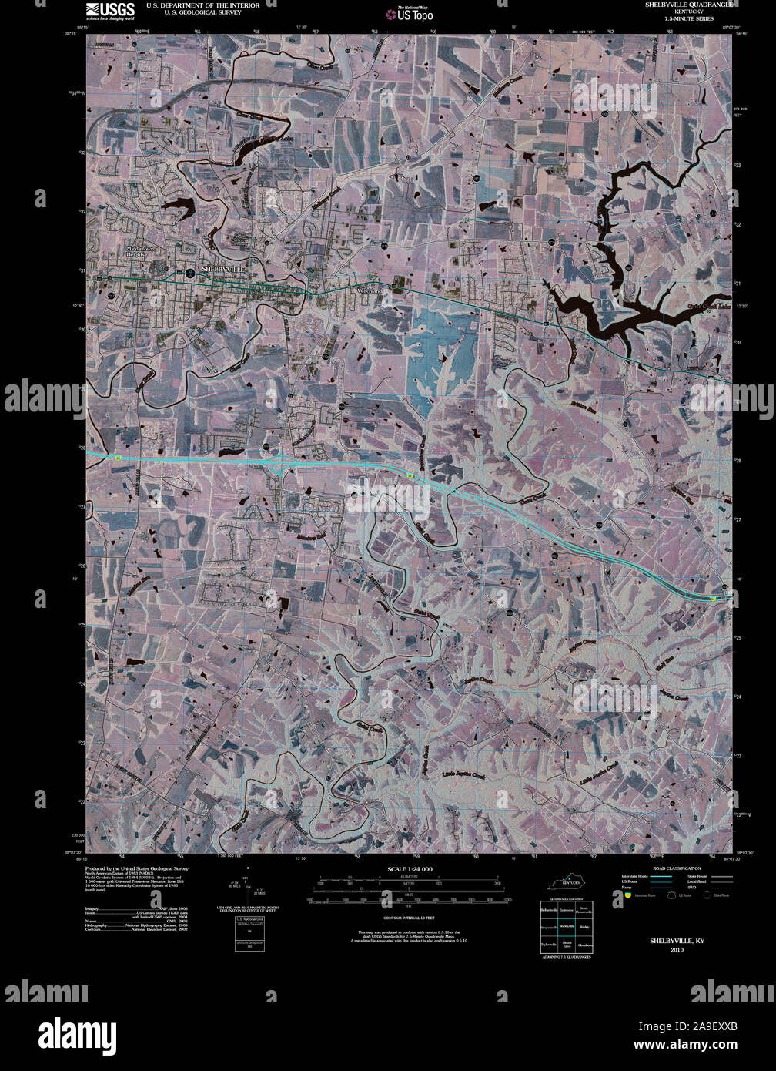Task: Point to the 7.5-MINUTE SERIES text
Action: click(x=689, y=18)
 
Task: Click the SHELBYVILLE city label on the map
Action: click(x=222, y=267)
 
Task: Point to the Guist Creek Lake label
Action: click(x=707, y=307)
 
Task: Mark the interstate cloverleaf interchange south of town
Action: click(x=279, y=462)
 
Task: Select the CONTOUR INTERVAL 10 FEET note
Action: click(x=409, y=918)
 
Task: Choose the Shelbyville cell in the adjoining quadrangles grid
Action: click(x=567, y=925)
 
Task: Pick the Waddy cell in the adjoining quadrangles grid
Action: click(x=584, y=925)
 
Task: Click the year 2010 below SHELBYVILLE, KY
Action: click(x=677, y=950)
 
